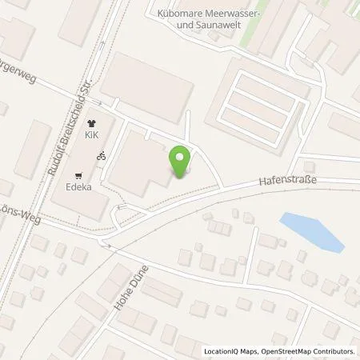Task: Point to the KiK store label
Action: (91, 137)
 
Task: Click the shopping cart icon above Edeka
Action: (78, 176)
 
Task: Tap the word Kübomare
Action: (183, 12)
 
